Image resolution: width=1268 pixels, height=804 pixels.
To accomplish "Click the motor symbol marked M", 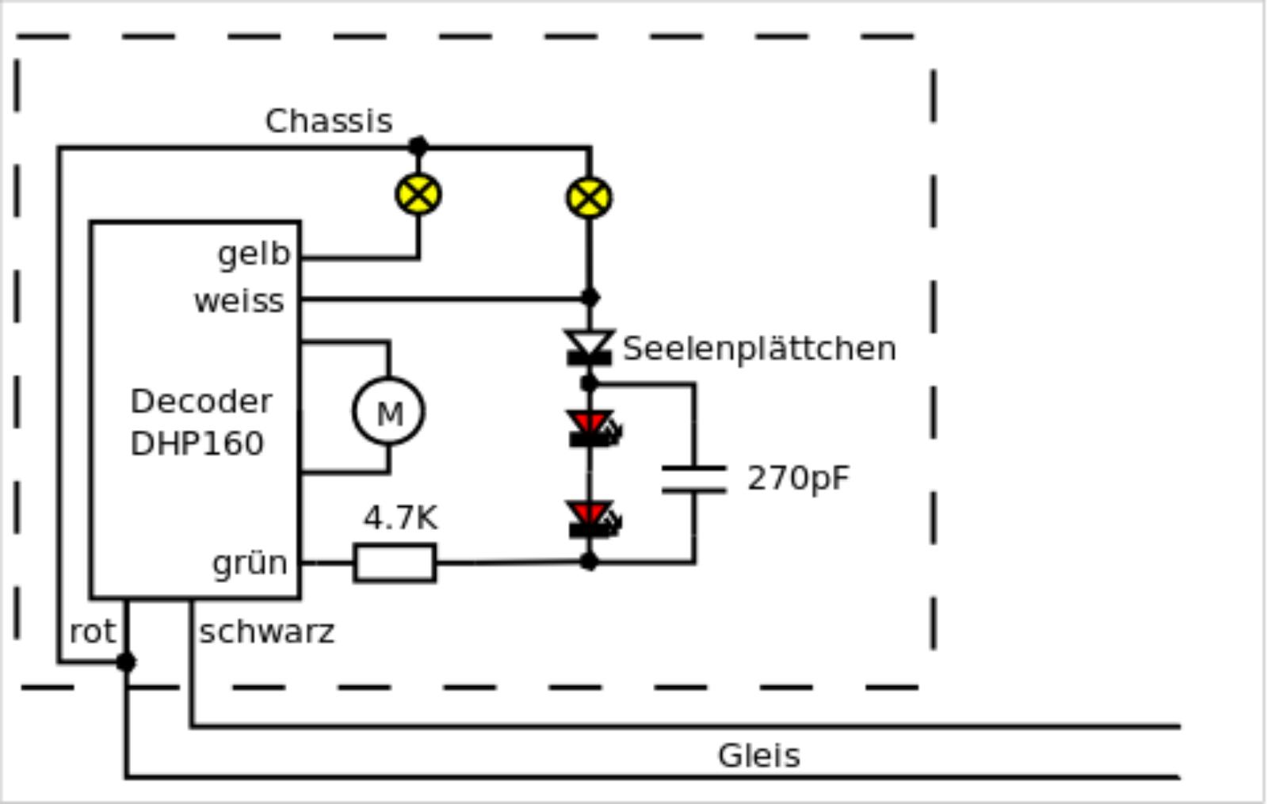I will tap(388, 412).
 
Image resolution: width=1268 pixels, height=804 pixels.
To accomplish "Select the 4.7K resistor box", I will tap(395, 563).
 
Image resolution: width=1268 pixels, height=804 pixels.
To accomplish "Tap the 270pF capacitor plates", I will tap(694, 479).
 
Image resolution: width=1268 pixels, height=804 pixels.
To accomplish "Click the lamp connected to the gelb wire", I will tap(418, 194).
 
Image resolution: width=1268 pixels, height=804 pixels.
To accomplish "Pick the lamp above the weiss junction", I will tap(589, 197).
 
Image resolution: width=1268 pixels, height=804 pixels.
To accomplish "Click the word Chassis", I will tap(329, 121).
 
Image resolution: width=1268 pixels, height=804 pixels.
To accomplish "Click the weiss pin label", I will tap(239, 301).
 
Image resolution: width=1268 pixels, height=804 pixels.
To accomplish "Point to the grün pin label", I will tap(250, 563).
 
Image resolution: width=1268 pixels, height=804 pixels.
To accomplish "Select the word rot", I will tap(93, 632).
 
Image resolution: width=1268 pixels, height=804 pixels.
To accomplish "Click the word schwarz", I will tap(267, 632).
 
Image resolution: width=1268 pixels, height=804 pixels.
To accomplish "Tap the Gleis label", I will tap(758, 756).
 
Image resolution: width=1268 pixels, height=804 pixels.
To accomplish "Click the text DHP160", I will tap(197, 444).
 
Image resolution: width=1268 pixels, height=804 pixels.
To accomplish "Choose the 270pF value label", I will tap(798, 478).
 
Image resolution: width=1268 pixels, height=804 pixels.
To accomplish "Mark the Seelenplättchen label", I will tap(759, 349).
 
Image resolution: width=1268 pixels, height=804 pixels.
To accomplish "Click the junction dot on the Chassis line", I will tap(418, 147).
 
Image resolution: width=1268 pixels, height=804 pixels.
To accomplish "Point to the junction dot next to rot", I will tap(126, 662).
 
